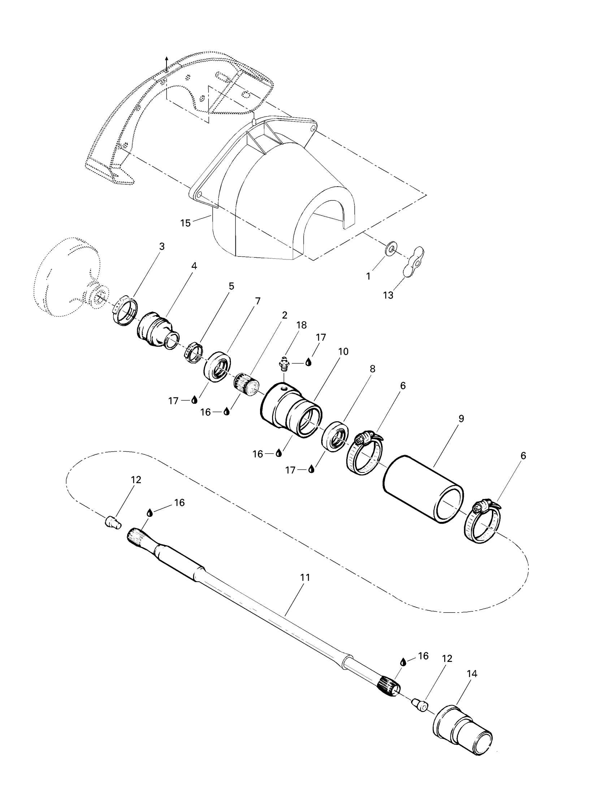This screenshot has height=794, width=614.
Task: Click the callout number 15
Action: point(186,223)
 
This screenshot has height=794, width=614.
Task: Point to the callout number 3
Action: point(162,246)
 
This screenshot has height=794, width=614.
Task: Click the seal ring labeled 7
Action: point(216,366)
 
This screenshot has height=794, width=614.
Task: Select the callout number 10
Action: point(343,352)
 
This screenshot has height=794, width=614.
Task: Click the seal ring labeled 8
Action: point(335,436)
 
